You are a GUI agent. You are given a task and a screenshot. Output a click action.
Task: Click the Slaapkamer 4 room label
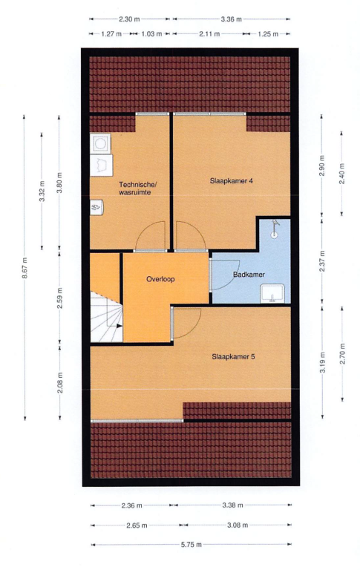coord(232,181)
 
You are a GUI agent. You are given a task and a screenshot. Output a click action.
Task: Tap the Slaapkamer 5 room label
coord(234,356)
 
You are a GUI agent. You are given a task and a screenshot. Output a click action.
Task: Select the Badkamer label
coord(249,275)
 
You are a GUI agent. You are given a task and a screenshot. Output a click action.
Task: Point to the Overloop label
coord(160,279)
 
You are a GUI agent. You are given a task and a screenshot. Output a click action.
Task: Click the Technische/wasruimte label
coord(138,189)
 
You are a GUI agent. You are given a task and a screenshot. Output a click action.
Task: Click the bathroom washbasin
coord(272,294)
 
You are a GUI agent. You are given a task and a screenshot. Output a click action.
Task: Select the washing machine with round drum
coord(100,143)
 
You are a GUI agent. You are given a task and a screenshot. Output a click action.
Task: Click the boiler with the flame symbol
coord(96,207)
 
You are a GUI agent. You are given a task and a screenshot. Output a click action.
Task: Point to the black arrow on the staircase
coord(118,326)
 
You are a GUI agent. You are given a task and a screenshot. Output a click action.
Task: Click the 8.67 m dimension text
coord(24,268)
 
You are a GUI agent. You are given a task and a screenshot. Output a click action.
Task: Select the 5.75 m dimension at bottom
coord(192,545)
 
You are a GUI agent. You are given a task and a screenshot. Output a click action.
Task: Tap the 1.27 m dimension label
coord(111,34)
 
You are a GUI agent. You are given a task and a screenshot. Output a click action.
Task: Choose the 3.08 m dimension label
coord(238,525)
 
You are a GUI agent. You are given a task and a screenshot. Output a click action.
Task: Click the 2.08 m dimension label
coord(60,383)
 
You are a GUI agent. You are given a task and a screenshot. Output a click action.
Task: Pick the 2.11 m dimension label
coord(209,34)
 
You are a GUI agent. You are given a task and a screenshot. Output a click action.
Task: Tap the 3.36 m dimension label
coord(232,19)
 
